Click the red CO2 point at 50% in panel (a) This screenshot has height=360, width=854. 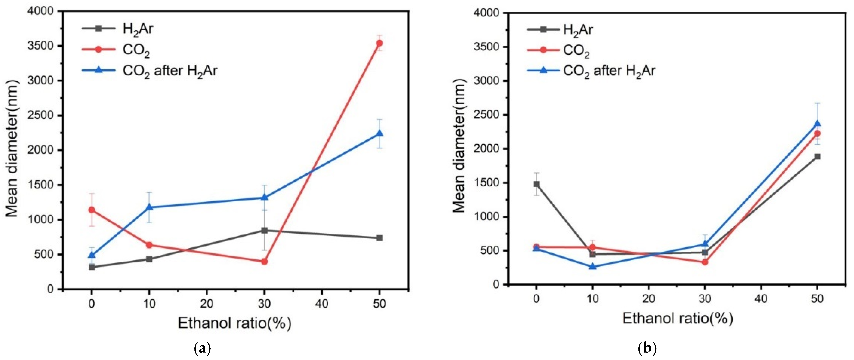coord(380,43)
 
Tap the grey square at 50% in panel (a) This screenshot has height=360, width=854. coord(380,238)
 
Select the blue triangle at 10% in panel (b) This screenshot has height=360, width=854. coord(593,267)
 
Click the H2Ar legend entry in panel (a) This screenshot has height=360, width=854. coord(138,29)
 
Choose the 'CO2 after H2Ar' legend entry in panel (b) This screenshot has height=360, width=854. coord(609,71)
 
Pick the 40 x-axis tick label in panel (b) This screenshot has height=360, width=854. coord(761,299)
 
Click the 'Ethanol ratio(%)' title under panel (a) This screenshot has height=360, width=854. coord(235,323)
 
